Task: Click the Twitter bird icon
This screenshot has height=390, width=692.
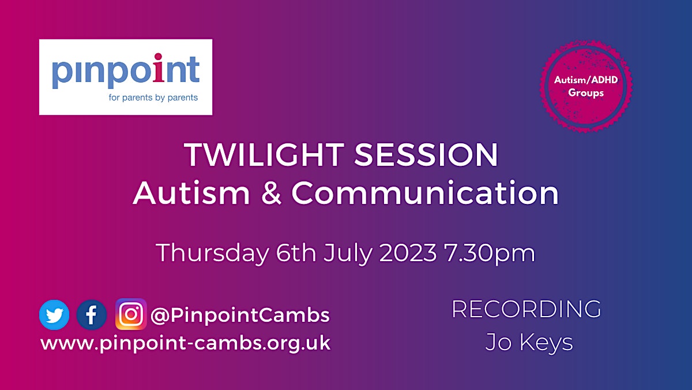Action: pos(54,315)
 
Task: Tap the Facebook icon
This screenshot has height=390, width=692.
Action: pos(92,315)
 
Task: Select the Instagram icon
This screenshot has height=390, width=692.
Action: pos(131,314)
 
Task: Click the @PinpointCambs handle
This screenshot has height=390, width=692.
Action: pos(240,315)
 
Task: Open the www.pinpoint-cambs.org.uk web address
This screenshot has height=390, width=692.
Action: pos(185,343)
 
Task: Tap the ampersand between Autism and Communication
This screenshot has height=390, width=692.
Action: pos(271,193)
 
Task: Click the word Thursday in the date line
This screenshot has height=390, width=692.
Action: pos(213,253)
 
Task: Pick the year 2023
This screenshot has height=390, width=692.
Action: pos(408,253)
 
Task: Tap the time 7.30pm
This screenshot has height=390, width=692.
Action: pos(490,254)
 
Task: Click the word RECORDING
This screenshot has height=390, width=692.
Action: pos(526,309)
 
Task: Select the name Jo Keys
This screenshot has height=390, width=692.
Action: pos(529,343)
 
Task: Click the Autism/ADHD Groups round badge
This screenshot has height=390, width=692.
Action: pos(586,86)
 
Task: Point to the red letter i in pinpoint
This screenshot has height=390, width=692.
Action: pos(158,68)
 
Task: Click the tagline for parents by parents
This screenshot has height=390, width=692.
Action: pos(153,98)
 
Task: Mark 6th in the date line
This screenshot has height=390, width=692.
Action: pos(296,253)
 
